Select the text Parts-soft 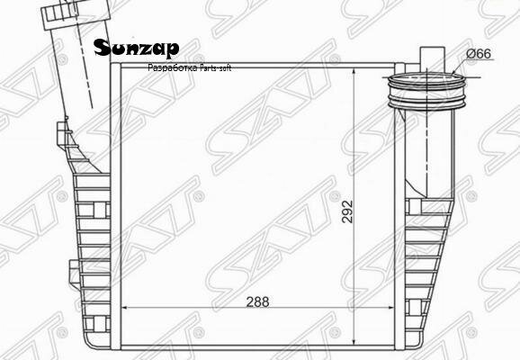212,68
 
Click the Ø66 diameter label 478,55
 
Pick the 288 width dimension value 259,303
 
